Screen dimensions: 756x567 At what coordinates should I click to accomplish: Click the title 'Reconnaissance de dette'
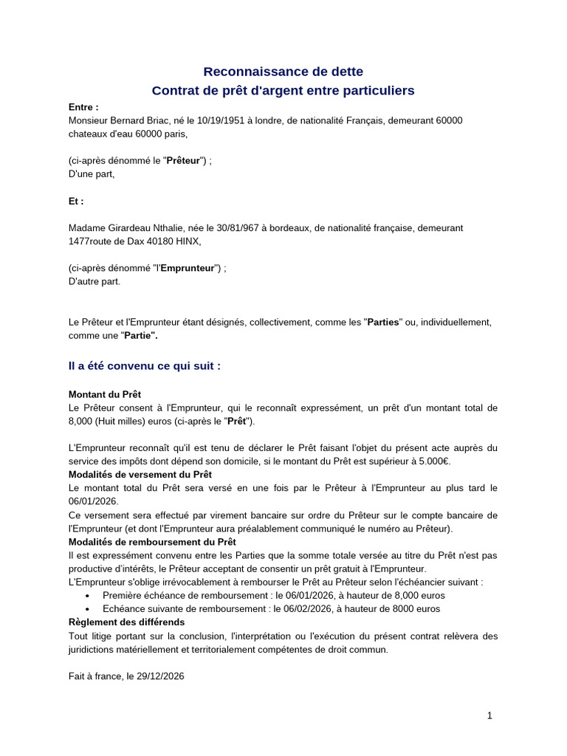point(283,72)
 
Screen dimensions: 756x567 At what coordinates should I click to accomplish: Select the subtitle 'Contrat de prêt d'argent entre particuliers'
point(283,91)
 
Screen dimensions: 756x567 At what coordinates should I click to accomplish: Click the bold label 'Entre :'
point(83,107)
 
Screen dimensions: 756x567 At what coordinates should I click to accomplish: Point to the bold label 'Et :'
point(76,201)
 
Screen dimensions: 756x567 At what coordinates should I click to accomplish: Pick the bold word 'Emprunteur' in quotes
point(188,268)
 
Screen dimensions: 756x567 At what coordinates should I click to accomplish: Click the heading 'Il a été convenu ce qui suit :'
point(145,365)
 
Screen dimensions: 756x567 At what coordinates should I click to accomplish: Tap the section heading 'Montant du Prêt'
point(104,394)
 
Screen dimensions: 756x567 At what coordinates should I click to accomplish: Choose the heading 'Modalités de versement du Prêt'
point(140,475)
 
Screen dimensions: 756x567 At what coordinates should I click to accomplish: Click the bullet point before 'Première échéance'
point(88,595)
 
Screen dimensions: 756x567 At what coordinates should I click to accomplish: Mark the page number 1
point(489,715)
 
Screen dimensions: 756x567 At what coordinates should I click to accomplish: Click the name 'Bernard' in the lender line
point(130,120)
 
